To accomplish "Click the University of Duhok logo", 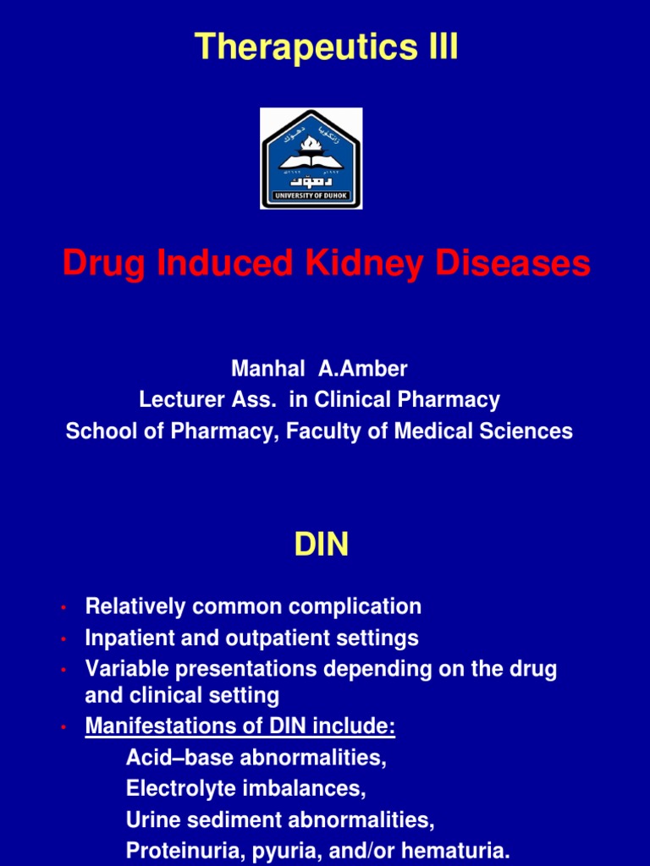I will click(x=311, y=158).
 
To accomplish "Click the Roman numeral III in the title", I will click(x=438, y=47).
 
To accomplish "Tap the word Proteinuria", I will click(x=180, y=850).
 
